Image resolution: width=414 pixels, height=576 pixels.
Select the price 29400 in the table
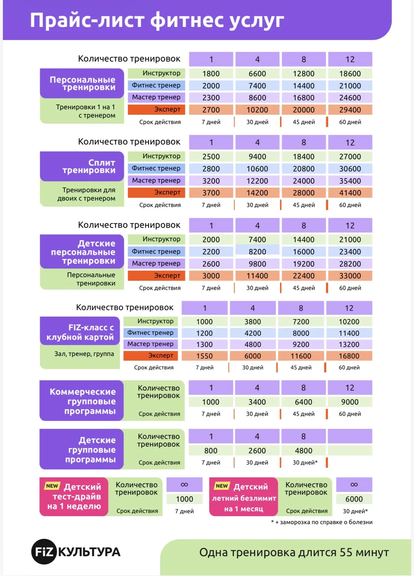350,110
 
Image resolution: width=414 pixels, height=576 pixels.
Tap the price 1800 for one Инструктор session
211,74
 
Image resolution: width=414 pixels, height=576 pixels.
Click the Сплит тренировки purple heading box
82,166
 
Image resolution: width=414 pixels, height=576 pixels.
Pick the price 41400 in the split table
350,193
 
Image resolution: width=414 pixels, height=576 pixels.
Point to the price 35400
350,181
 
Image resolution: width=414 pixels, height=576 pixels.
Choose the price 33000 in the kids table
350,276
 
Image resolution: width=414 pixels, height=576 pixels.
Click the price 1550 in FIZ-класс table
204,356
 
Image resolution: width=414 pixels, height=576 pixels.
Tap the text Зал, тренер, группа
84,354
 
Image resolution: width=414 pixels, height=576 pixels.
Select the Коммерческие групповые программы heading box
82,401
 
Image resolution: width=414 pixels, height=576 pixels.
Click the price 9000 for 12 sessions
350,402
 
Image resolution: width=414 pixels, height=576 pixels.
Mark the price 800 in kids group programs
211,451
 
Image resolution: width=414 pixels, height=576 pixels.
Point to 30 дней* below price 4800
305,463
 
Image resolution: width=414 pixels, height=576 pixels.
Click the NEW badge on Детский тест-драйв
52,486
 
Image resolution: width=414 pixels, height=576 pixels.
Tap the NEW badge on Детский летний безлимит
222,486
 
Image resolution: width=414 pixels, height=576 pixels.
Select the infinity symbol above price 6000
354,485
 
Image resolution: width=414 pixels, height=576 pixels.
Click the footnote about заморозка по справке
322,522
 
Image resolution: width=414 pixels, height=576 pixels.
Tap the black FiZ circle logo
44,552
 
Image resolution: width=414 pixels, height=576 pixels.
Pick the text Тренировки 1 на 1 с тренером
85,111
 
